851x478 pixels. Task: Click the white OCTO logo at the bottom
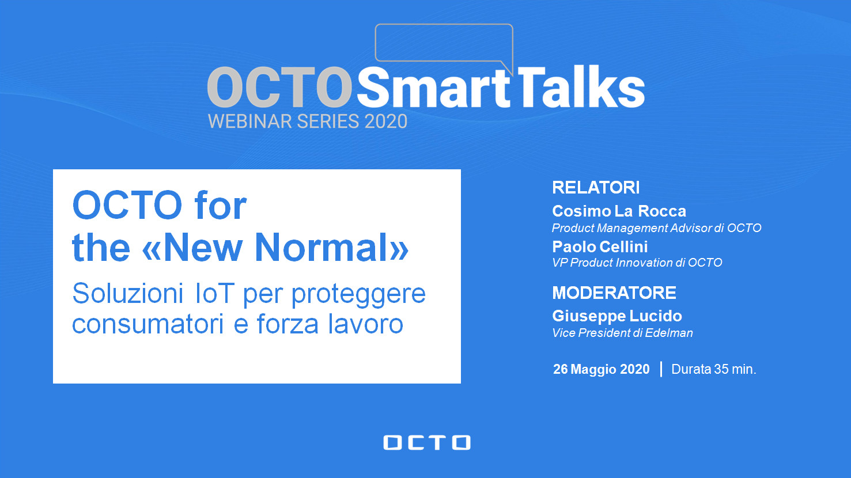(x=426, y=442)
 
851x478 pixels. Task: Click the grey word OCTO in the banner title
(x=279, y=88)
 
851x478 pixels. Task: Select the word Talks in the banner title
(x=580, y=87)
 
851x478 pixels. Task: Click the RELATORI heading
(x=596, y=187)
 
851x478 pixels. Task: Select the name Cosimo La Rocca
(x=619, y=211)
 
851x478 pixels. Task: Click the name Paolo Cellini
(x=600, y=246)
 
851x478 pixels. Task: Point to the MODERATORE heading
(x=614, y=293)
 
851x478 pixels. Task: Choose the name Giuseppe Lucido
(x=616, y=316)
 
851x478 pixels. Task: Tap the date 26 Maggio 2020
(x=601, y=369)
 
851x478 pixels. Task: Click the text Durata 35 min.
(x=713, y=369)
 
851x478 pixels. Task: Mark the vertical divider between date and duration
(x=661, y=369)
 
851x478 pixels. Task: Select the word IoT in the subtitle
(x=214, y=294)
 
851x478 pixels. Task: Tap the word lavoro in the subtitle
(x=366, y=324)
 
